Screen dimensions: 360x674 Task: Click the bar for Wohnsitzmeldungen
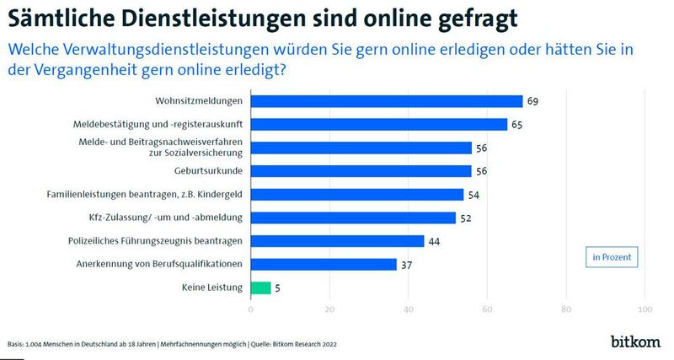pyautogui.click(x=386, y=101)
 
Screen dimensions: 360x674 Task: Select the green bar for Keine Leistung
pyautogui.click(x=260, y=287)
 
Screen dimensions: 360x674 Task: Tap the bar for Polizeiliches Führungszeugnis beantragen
pyautogui.click(x=337, y=241)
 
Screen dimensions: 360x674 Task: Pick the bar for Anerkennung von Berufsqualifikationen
pyautogui.click(x=324, y=265)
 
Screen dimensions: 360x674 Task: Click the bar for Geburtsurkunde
pyautogui.click(x=361, y=171)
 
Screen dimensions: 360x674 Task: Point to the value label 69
pyautogui.click(x=532, y=101)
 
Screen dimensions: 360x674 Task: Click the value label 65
pyautogui.click(x=516, y=125)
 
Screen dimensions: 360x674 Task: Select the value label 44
pyautogui.click(x=434, y=241)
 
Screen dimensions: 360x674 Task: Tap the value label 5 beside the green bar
pyautogui.click(x=279, y=287)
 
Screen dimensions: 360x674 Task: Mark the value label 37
pyautogui.click(x=406, y=265)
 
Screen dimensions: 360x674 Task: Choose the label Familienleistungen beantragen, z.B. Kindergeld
pyautogui.click(x=144, y=194)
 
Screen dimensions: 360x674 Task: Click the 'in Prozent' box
pyautogui.click(x=610, y=255)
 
